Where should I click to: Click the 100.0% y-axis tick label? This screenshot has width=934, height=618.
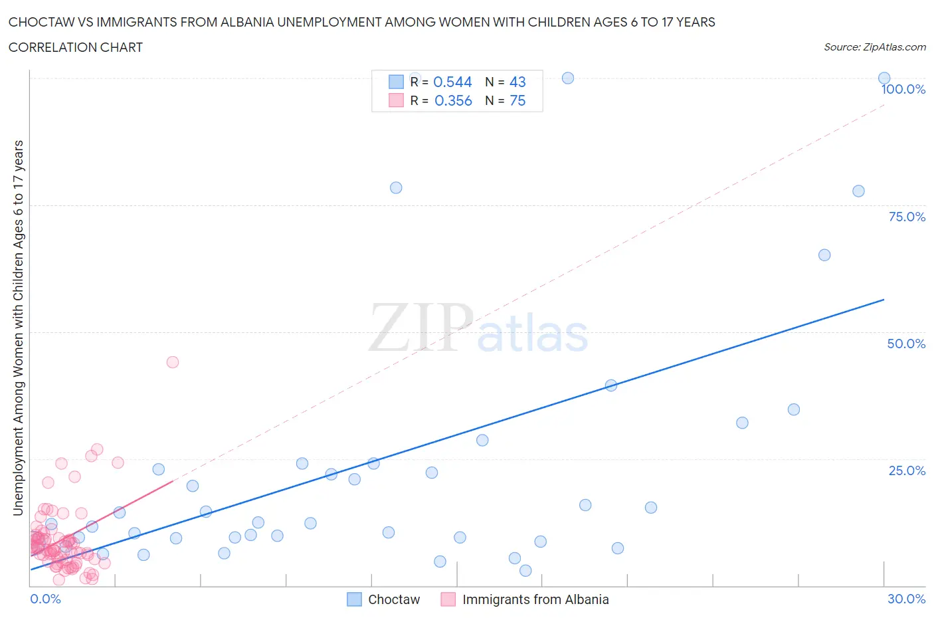pyautogui.click(x=903, y=90)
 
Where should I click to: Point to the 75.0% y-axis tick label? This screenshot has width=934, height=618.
pyautogui.click(x=907, y=217)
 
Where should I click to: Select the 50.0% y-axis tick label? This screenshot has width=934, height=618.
pyautogui.click(x=906, y=344)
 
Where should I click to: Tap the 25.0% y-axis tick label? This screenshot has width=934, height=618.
pyautogui.click(x=907, y=470)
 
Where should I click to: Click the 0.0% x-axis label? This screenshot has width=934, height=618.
pyautogui.click(x=46, y=599)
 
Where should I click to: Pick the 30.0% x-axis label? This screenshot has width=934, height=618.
pyautogui.click(x=906, y=599)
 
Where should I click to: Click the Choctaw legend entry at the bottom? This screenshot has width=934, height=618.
pyautogui.click(x=384, y=599)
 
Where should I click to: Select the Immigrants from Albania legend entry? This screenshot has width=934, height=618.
pyautogui.click(x=525, y=599)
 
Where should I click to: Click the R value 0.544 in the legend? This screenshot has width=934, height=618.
pyautogui.click(x=452, y=82)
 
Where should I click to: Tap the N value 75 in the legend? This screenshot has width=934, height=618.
pyautogui.click(x=517, y=100)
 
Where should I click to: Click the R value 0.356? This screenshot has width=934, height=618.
pyautogui.click(x=453, y=100)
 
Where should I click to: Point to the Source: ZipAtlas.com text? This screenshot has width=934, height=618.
pyautogui.click(x=874, y=47)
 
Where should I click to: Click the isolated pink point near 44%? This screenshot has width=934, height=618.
pyautogui.click(x=173, y=362)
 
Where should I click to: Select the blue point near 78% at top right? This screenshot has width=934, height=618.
pyautogui.click(x=858, y=191)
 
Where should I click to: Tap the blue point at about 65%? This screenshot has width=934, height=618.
pyautogui.click(x=824, y=255)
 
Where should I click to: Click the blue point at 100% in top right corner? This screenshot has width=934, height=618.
pyautogui.click(x=884, y=78)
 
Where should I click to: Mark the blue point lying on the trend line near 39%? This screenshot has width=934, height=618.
pyautogui.click(x=611, y=385)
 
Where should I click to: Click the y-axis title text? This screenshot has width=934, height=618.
pyautogui.click(x=18, y=328)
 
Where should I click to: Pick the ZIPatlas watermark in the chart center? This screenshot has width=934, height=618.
pyautogui.click(x=478, y=328)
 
